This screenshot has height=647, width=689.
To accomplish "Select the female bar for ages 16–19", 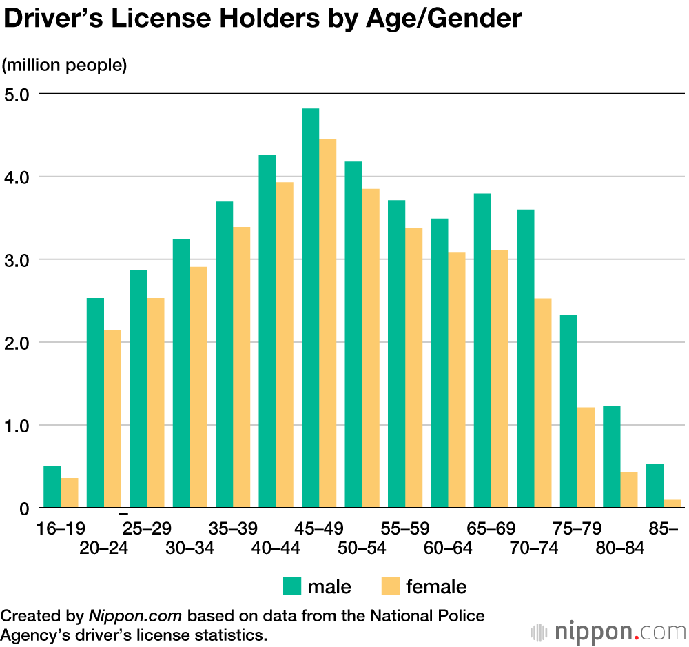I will point(70,493).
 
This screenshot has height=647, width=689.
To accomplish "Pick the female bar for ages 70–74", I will point(543,403).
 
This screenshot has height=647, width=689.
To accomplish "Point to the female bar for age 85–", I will point(672,504).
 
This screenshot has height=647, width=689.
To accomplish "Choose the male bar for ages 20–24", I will point(95,403).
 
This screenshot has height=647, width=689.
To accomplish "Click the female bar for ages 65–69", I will point(500,379).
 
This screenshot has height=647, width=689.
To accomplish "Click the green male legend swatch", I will point(292,586).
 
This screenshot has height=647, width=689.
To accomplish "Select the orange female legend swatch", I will point(390,586).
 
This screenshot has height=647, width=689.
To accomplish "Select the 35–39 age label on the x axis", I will point(233,528).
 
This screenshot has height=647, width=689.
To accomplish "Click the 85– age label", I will point(663,528).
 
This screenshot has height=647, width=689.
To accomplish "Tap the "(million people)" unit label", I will point(65,66).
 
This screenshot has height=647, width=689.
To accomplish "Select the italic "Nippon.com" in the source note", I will point(134,615).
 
